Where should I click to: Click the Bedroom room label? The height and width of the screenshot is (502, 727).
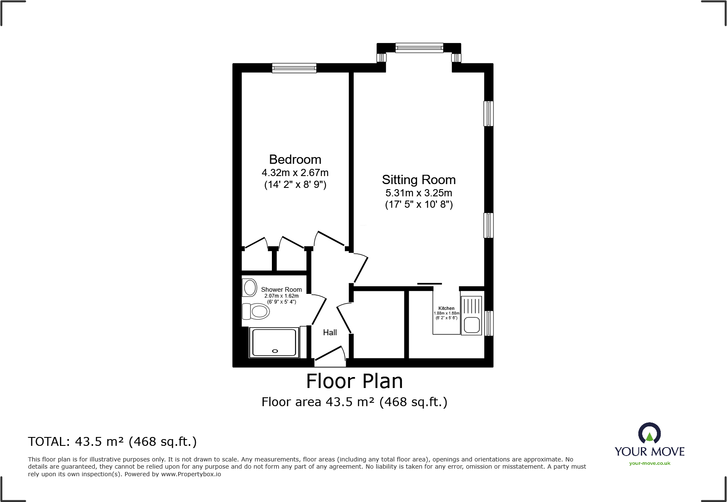pyautogui.click(x=295, y=160)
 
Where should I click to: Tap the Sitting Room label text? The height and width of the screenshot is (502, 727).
pyautogui.click(x=418, y=180)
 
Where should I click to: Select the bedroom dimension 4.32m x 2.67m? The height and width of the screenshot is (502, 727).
pyautogui.click(x=295, y=173)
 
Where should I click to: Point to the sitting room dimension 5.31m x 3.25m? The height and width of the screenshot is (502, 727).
pyautogui.click(x=418, y=193)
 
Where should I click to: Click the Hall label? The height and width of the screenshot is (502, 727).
pyautogui.click(x=330, y=333)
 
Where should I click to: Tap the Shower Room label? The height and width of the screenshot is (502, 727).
pyautogui.click(x=281, y=290)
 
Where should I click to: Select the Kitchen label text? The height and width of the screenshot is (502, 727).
pyautogui.click(x=446, y=308)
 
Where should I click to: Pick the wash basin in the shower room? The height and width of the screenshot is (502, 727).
pyautogui.click(x=250, y=288)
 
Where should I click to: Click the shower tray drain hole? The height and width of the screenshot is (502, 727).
pyautogui.click(x=275, y=351)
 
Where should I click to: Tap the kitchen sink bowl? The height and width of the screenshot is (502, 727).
pyautogui.click(x=472, y=325)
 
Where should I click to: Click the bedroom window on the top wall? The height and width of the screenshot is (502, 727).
pyautogui.click(x=294, y=68)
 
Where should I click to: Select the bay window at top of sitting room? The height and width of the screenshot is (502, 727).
pyautogui.click(x=419, y=48)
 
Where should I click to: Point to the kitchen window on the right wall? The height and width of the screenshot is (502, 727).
pyautogui.click(x=488, y=323)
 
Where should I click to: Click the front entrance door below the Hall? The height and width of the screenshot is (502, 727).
pyautogui.click(x=330, y=357)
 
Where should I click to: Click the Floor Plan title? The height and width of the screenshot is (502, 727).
pyautogui.click(x=354, y=381)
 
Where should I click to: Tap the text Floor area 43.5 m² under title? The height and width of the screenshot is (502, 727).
pyautogui.click(x=354, y=402)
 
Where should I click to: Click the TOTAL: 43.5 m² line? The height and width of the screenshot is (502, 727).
pyautogui.click(x=112, y=442)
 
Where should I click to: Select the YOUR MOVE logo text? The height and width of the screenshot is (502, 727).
pyautogui.click(x=649, y=452)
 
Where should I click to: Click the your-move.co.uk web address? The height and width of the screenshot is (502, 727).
pyautogui.click(x=649, y=464)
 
